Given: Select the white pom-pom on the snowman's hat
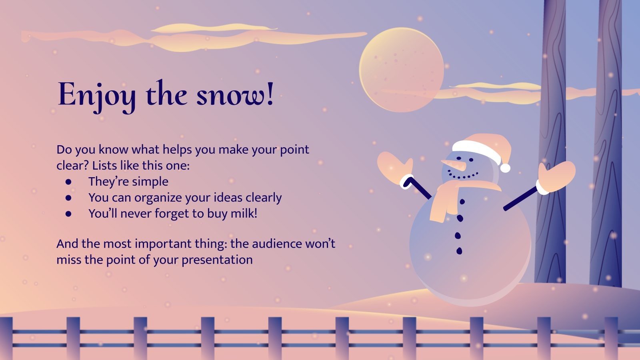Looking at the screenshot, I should [x=505, y=168].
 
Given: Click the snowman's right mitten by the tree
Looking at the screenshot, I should [x=556, y=176].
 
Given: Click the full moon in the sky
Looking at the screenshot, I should [x=401, y=69].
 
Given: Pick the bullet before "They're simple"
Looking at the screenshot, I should [x=69, y=182].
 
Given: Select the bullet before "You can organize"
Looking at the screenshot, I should [x=69, y=198].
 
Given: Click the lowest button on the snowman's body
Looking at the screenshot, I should [x=459, y=251].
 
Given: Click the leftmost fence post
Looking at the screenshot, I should [x=6, y=338].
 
